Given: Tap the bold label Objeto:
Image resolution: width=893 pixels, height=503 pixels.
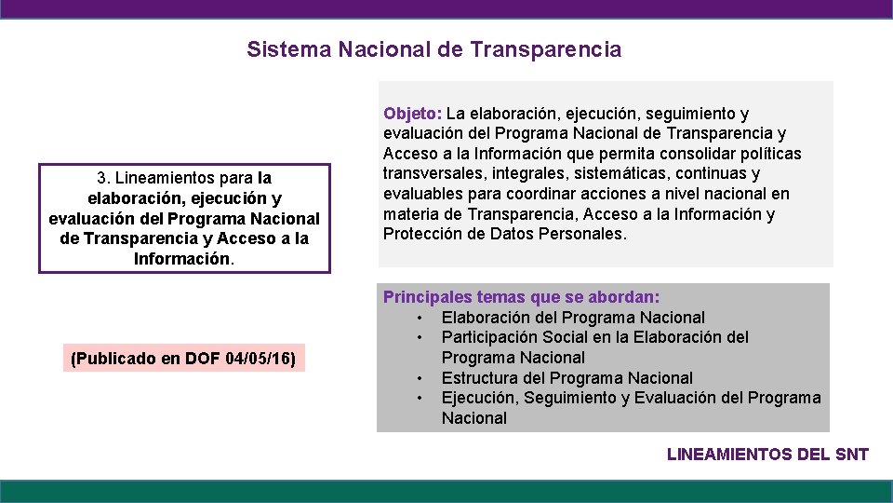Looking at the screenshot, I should pos(412,114).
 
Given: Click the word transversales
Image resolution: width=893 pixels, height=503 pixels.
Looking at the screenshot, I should pos(429,174).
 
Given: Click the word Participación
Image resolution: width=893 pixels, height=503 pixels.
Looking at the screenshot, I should pos(491,337).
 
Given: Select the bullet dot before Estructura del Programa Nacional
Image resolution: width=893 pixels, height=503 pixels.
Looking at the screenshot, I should pos(420,378).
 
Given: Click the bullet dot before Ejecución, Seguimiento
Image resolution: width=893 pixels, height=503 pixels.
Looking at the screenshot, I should pos(420,399).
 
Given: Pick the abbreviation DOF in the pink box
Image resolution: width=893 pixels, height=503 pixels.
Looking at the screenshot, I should pos(203,358).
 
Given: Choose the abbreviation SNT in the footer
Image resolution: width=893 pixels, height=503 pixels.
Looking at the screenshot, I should pos(851,455).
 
